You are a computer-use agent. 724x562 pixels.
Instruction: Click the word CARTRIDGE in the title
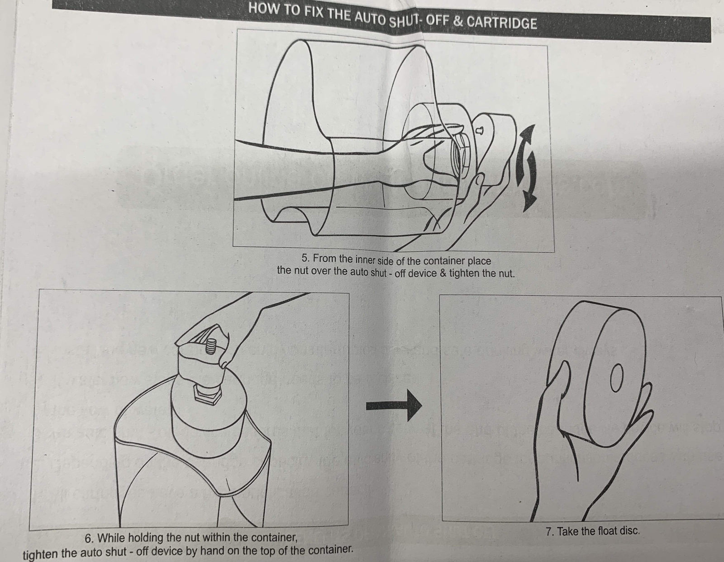pos(502,22)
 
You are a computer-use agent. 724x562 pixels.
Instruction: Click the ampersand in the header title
pos(458,21)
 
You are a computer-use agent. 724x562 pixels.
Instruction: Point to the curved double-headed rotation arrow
pos(526,168)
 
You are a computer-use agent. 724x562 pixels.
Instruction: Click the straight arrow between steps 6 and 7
pos(394,406)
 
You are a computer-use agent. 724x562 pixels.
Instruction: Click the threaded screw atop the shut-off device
pos(211,347)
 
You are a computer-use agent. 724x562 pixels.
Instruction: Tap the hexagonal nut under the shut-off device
pos(207,394)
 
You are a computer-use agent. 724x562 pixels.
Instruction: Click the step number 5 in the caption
pos(305,258)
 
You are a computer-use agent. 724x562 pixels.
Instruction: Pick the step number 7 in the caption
pos(549,531)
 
